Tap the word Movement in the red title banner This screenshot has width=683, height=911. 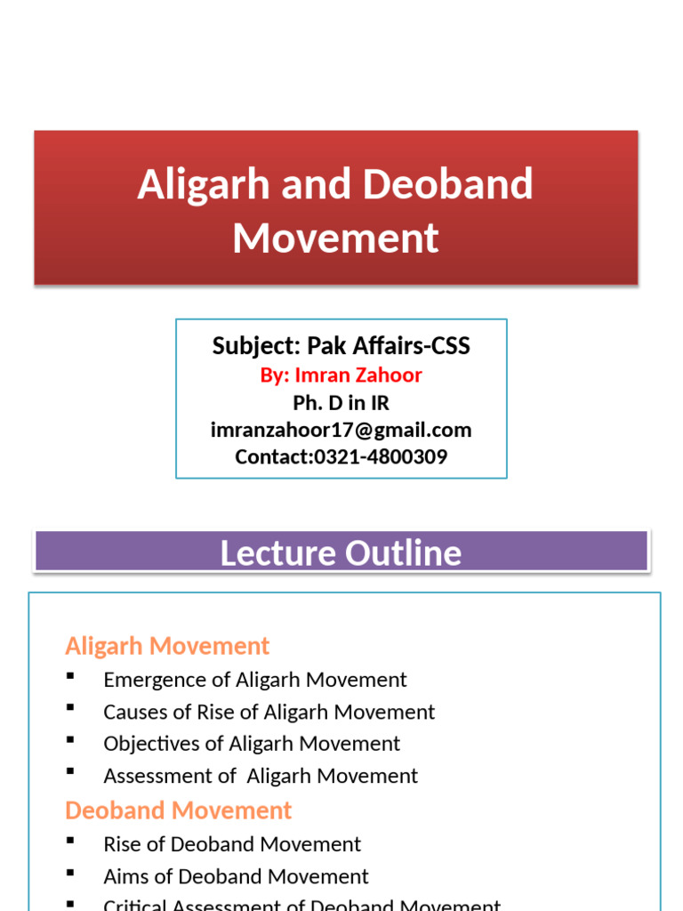point(336,238)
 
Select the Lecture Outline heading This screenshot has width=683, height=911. point(341,552)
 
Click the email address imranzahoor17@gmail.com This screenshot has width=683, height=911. point(341,431)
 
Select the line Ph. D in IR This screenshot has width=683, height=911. point(341,403)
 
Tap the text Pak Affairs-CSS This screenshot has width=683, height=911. point(389,346)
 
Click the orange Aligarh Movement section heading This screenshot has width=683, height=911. point(167,645)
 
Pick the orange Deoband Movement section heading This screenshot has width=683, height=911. point(178,810)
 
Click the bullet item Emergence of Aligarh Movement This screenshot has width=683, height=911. point(255,680)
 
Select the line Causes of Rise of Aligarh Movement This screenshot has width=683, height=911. point(269,712)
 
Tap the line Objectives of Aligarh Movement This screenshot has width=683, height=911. point(252,743)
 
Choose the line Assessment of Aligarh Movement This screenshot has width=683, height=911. point(261,776)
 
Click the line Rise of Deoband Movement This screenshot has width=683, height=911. point(232,843)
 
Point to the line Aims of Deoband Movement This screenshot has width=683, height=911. point(236,876)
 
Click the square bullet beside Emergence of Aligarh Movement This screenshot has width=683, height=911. point(70,678)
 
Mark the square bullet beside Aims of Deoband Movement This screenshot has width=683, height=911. point(70,875)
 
